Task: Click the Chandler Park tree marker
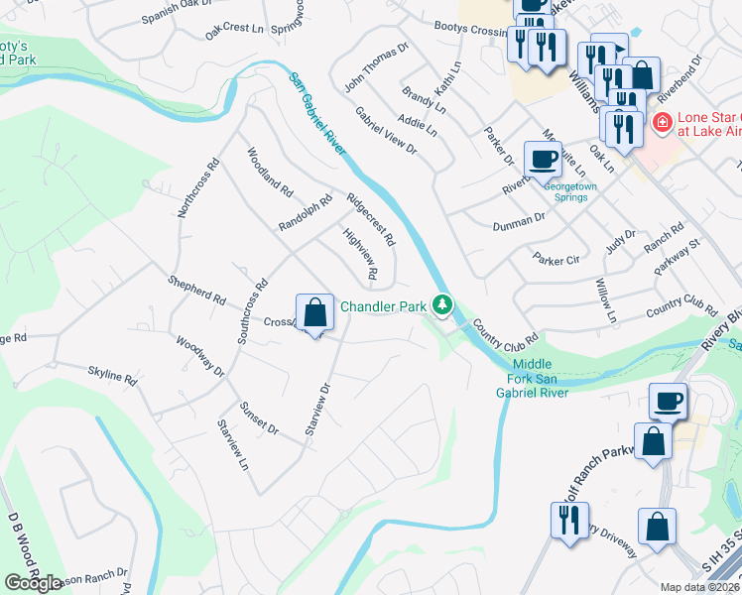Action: (446, 306)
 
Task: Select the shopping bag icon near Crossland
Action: (314, 314)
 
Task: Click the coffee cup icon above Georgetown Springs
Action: (544, 159)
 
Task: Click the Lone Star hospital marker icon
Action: (661, 124)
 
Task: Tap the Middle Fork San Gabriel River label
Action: (533, 378)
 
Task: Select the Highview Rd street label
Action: (361, 253)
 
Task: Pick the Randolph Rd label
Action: (305, 212)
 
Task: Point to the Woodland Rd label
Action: (270, 171)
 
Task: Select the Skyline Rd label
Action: (111, 376)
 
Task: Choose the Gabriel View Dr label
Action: (386, 129)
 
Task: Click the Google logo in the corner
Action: (33, 583)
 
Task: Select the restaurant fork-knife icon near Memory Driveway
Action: (568, 522)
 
